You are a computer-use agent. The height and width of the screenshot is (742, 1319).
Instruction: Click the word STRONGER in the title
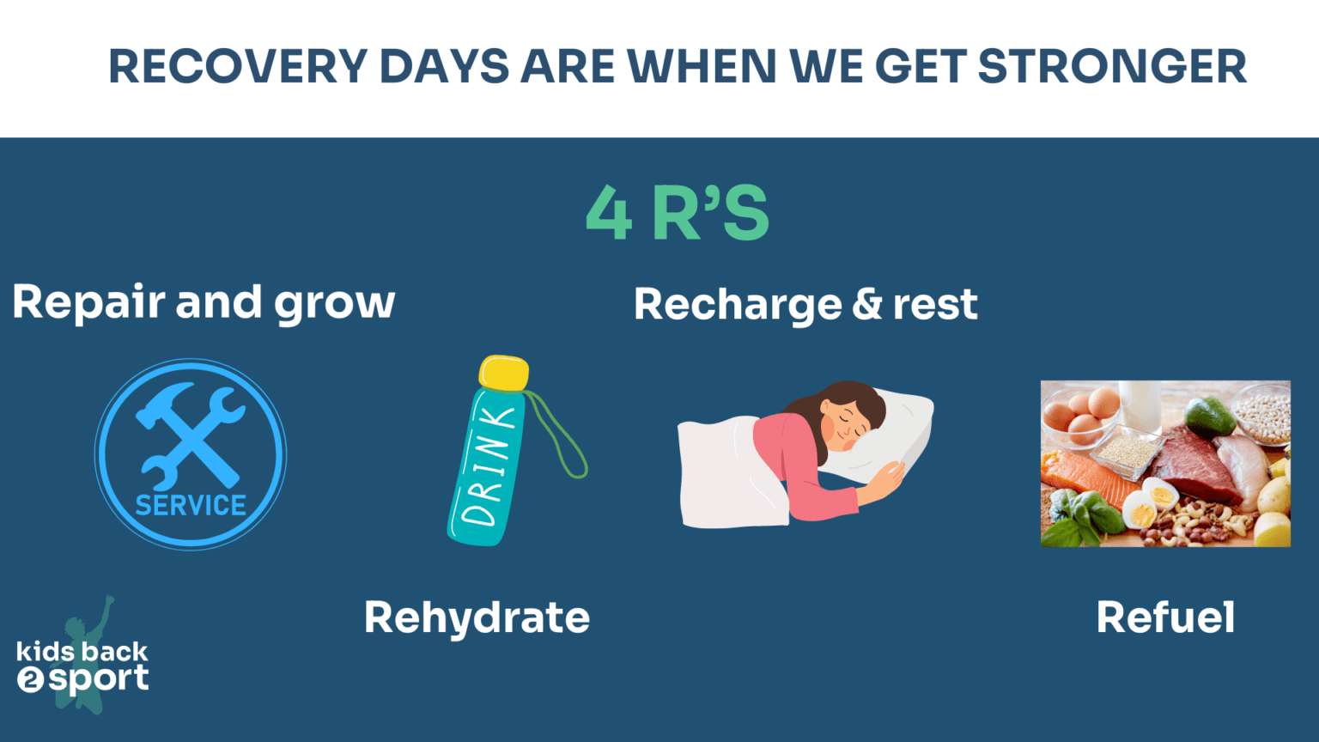pyautogui.click(x=1112, y=67)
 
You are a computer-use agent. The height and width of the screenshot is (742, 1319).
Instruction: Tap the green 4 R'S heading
pyautogui.click(x=678, y=213)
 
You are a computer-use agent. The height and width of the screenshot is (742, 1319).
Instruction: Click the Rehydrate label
pyautogui.click(x=477, y=617)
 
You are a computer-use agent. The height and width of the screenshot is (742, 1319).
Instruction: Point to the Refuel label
pyautogui.click(x=1165, y=617)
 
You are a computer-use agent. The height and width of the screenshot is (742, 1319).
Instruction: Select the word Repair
pyautogui.click(x=88, y=303)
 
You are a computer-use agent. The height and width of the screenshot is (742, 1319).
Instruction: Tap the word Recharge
pyautogui.click(x=738, y=306)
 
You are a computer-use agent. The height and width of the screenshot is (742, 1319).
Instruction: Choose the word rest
pyautogui.click(x=935, y=306)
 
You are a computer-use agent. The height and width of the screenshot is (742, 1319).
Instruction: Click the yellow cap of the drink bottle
pyautogui.click(x=503, y=373)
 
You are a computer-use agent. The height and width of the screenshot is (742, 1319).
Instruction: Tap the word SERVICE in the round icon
pyautogui.click(x=191, y=506)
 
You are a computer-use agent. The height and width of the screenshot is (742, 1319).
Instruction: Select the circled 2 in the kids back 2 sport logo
pyautogui.click(x=30, y=681)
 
